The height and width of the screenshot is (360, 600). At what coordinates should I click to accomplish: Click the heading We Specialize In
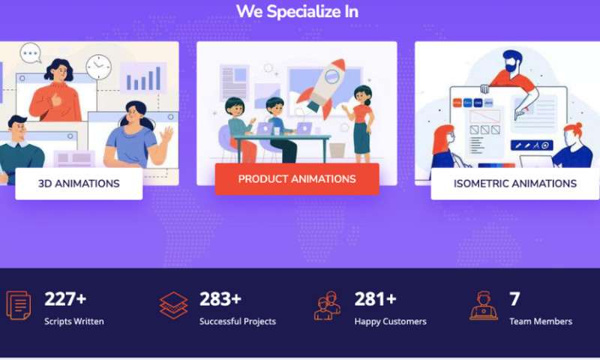297,12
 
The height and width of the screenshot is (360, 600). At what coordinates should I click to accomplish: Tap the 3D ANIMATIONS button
79,183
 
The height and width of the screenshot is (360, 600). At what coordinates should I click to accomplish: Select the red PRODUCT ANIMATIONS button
297,179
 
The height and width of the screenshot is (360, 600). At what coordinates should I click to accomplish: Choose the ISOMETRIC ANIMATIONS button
514,183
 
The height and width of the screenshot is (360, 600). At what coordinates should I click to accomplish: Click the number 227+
65,299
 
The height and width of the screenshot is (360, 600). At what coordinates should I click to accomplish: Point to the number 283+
220,299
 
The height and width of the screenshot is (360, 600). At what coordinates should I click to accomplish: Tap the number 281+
375,299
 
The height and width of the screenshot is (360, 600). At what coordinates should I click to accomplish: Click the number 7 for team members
514,299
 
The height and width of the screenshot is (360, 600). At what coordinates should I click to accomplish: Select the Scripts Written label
74,322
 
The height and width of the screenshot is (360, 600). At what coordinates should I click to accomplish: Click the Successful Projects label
238,322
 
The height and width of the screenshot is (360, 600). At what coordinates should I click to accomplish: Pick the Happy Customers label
390,322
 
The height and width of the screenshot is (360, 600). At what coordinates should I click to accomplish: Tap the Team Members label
541,322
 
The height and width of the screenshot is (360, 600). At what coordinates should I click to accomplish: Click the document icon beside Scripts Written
19,304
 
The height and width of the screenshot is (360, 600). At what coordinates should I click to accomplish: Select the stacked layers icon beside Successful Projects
173,305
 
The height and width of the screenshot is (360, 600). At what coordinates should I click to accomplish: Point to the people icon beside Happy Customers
328,305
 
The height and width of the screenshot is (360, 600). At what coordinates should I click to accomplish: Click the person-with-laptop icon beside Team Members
484,305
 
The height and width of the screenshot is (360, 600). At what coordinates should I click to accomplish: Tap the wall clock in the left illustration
97,67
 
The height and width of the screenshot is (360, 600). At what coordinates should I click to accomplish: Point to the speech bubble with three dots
31,53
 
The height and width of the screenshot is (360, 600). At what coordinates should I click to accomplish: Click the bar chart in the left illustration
142,76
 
